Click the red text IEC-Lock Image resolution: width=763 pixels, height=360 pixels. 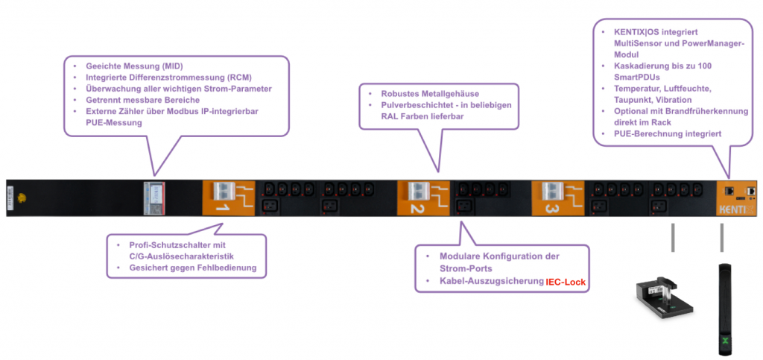(x=566, y=282)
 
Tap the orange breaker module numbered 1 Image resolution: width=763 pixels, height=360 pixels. (x=228, y=198)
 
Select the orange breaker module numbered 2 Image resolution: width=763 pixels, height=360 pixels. (x=422, y=198)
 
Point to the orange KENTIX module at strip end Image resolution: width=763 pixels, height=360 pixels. (x=740, y=198)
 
